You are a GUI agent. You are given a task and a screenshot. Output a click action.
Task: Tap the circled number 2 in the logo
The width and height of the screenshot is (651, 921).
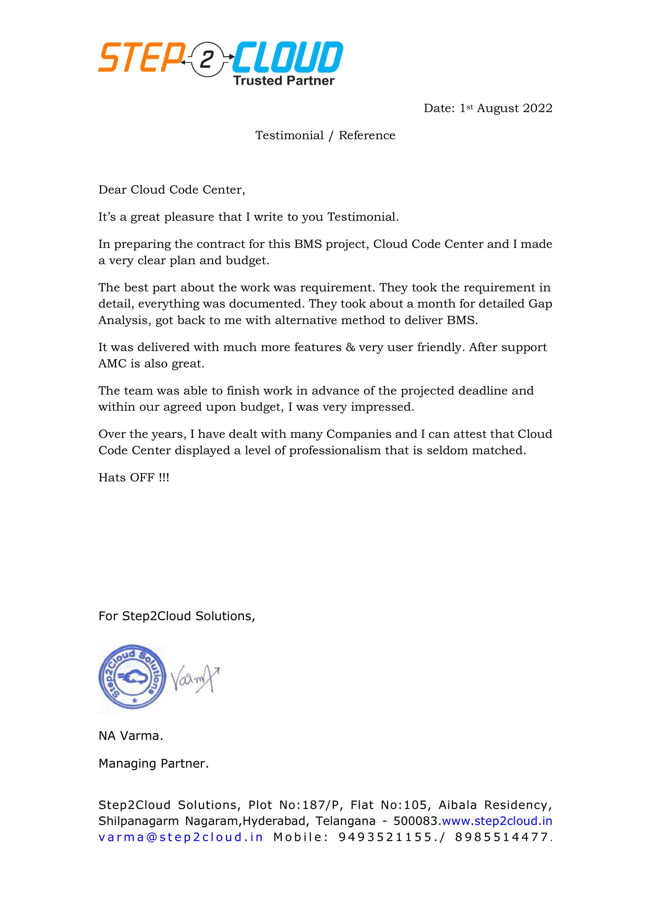(207, 59)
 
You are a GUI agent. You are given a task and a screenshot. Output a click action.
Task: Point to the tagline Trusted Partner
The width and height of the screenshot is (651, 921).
(283, 81)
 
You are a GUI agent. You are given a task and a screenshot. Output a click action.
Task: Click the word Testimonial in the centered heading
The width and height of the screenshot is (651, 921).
(289, 135)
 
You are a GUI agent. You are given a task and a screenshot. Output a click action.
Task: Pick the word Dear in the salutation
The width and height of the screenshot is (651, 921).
(113, 190)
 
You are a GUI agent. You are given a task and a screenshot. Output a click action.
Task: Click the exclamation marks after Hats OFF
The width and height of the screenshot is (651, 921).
(164, 478)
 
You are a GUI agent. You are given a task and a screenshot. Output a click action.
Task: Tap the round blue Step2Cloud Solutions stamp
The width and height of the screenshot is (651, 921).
(133, 677)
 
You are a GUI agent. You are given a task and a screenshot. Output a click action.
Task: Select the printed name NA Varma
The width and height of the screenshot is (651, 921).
(131, 736)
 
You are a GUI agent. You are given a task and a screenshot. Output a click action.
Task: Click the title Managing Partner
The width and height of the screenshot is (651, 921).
(154, 763)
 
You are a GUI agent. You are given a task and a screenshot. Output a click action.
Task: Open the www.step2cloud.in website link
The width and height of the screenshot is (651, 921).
(497, 821)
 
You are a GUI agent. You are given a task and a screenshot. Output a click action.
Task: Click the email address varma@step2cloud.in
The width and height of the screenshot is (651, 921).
(180, 837)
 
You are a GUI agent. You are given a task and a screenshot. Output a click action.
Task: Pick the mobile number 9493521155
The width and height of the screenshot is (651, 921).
(385, 837)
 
